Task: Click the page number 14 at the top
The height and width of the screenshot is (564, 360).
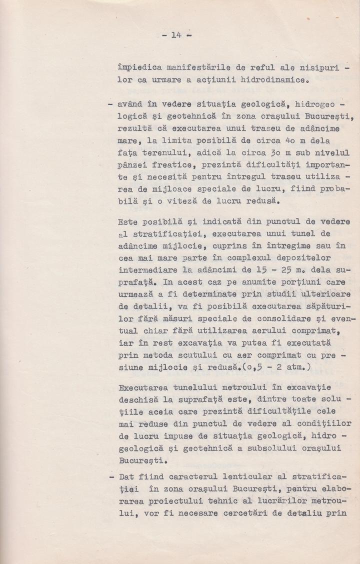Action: [175, 35]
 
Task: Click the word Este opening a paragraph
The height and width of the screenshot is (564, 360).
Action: [128, 221]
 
